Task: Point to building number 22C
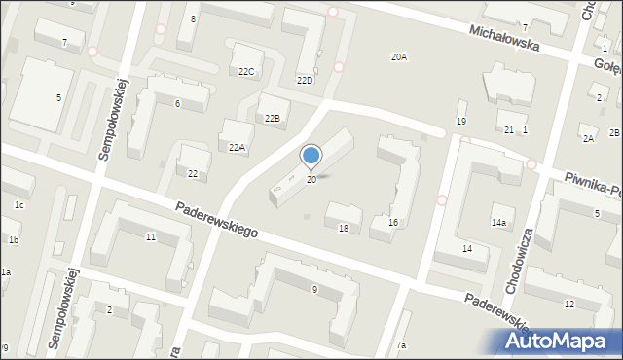point(246,71)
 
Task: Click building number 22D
point(305,80)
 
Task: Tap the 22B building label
point(273,118)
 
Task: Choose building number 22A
point(237,147)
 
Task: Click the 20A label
point(399,57)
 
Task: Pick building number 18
point(343,228)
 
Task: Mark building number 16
point(393,223)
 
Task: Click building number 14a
point(498,223)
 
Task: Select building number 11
point(150,236)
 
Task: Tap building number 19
point(461,121)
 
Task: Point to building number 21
point(508,129)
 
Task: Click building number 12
point(569,305)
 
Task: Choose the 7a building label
point(401,345)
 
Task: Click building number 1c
point(18,204)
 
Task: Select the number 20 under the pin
point(311,180)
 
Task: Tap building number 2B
point(615,133)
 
